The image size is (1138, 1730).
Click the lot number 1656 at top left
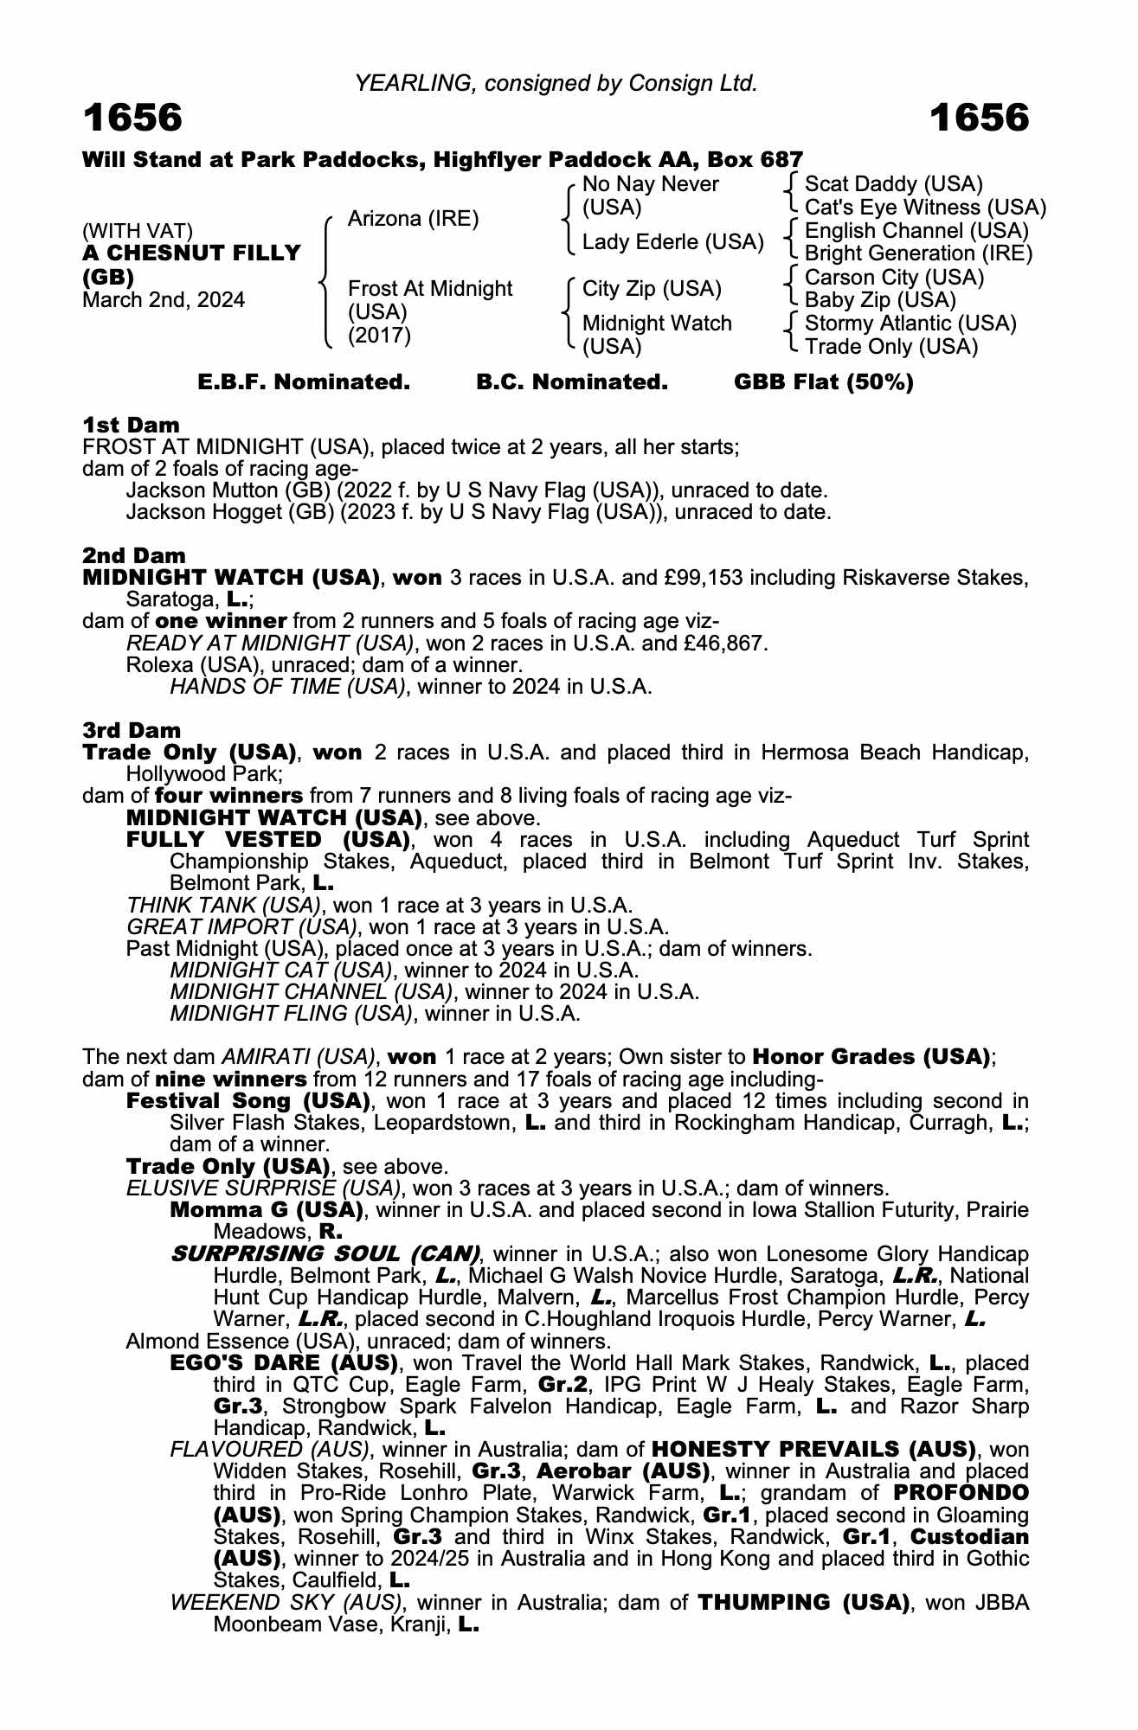[132, 119]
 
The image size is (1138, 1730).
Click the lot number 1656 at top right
[980, 119]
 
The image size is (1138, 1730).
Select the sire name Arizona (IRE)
[413, 219]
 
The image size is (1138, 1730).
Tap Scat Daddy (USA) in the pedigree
[893, 184]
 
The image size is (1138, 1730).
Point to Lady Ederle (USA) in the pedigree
[672, 242]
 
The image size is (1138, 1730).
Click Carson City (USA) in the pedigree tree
[894, 278]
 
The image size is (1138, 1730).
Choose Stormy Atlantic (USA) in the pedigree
[910, 324]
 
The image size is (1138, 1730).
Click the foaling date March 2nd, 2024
[164, 300]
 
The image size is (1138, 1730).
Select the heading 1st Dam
[132, 425]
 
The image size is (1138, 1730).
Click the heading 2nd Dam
[134, 555]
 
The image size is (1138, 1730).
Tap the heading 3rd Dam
[132, 730]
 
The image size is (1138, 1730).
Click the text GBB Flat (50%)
[823, 382]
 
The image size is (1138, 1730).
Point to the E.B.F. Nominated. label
[304, 382]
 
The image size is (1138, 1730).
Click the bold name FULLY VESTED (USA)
[268, 839]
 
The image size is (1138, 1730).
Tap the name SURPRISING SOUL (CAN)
[325, 1253]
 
